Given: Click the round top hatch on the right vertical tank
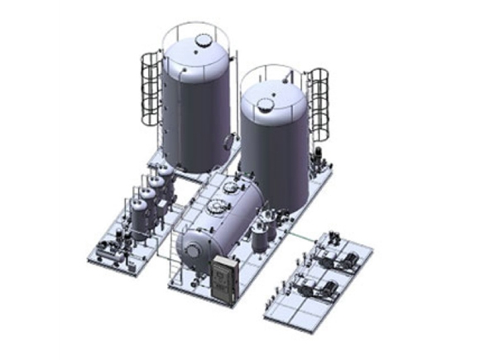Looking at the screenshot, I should click(265, 104).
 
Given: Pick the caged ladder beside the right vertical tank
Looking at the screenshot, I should click(318, 103).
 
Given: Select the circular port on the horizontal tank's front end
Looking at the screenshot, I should click(191, 246).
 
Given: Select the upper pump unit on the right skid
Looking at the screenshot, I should click(337, 248).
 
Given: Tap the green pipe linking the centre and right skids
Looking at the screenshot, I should click(294, 240).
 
